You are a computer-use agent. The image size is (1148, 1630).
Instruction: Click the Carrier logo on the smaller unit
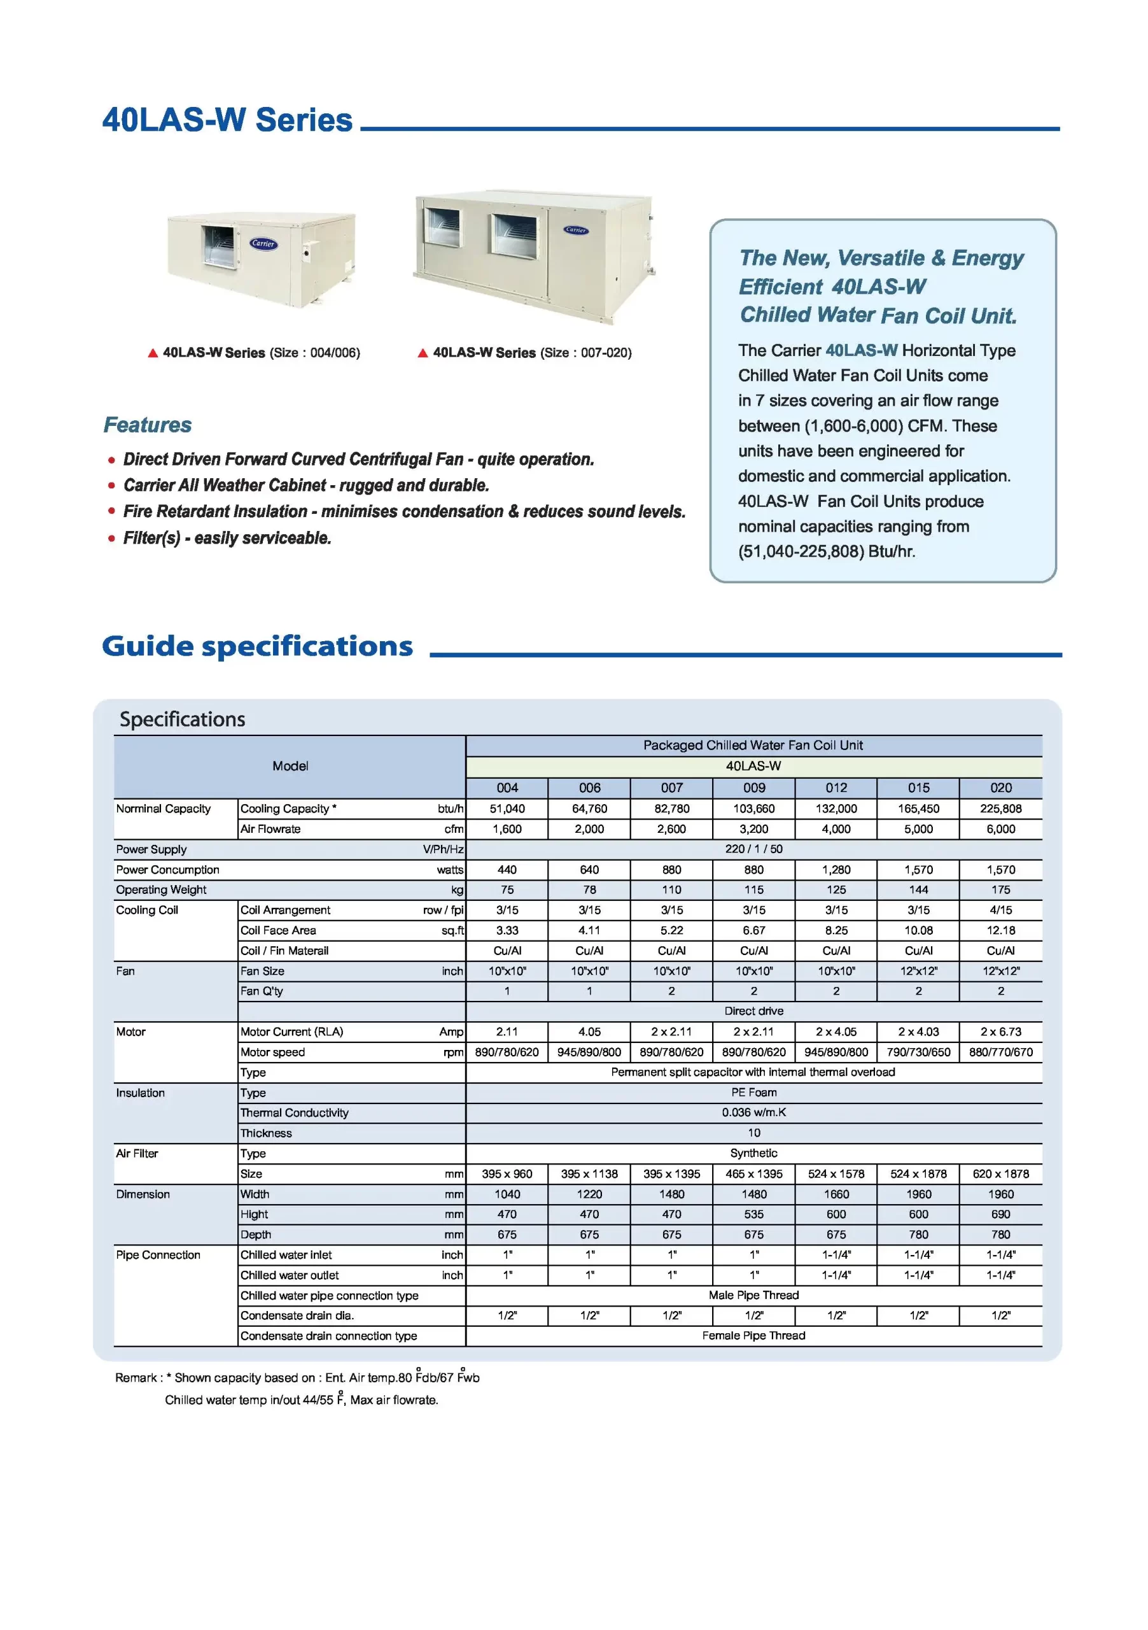pyautogui.click(x=263, y=243)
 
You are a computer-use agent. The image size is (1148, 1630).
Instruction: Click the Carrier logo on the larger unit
pyautogui.click(x=575, y=230)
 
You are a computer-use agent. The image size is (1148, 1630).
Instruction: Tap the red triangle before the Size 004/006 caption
pyautogui.click(x=153, y=353)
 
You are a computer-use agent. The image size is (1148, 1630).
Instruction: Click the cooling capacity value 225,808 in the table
pyautogui.click(x=1000, y=809)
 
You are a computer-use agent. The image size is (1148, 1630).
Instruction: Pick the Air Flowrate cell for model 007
pyautogui.click(x=671, y=828)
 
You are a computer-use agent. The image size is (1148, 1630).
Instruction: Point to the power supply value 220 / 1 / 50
pyautogui.click(x=753, y=849)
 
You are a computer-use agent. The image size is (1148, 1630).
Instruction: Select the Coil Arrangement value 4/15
pyautogui.click(x=1000, y=910)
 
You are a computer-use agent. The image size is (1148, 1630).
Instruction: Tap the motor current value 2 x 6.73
pyautogui.click(x=1000, y=1031)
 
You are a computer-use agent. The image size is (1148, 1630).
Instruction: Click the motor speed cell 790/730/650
pyautogui.click(x=918, y=1052)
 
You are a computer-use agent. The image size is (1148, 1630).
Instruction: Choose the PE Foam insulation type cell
pyautogui.click(x=753, y=1093)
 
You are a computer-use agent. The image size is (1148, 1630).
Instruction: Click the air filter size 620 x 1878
pyautogui.click(x=1000, y=1173)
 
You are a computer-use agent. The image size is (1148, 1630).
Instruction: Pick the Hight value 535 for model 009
pyautogui.click(x=753, y=1214)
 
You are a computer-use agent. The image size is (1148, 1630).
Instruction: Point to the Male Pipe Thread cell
pyautogui.click(x=753, y=1295)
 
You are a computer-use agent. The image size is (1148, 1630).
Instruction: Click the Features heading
pyautogui.click(x=148, y=425)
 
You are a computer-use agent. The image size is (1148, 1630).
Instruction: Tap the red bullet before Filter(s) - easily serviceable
pyautogui.click(x=111, y=538)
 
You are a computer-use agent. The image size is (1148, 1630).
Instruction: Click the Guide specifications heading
pyautogui.click(x=257, y=646)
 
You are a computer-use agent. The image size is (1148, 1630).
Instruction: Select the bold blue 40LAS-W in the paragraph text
pyautogui.click(x=862, y=350)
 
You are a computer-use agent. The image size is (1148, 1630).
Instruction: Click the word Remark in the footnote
pyautogui.click(x=136, y=1377)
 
